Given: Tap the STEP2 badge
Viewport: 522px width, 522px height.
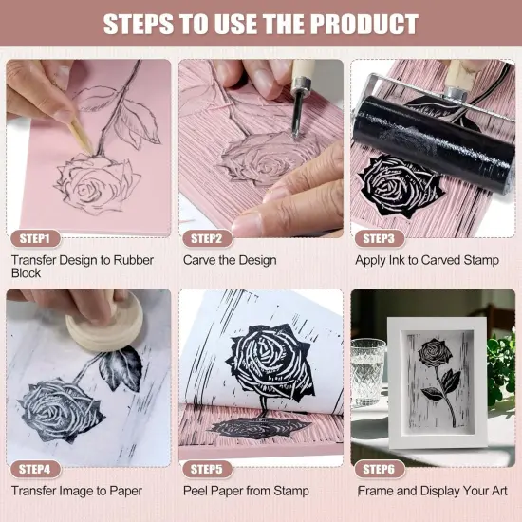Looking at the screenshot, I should pyautogui.click(x=206, y=238).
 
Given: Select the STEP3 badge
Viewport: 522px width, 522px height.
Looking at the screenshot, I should pyautogui.click(x=379, y=238).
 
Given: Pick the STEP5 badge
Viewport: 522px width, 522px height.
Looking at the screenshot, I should pyautogui.click(x=206, y=469).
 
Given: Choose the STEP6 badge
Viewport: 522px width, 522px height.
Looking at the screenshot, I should pyautogui.click(x=379, y=469).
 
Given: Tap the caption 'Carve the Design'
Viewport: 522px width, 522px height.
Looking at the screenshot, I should pyautogui.click(x=230, y=259).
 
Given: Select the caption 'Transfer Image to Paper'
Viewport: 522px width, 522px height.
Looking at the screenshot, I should pyautogui.click(x=77, y=491).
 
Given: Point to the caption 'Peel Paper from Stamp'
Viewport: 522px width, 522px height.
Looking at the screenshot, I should pyautogui.click(x=245, y=491).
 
